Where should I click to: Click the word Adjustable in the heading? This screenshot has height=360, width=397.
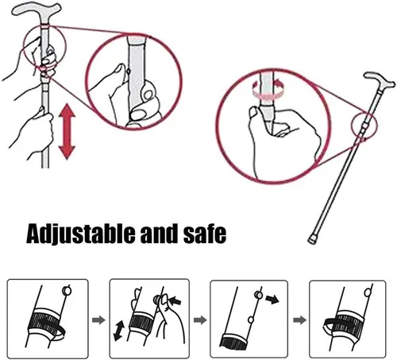[x=81, y=234]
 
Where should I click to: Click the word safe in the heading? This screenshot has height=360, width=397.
[x=205, y=234]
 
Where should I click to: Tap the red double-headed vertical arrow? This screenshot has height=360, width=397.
[x=67, y=131]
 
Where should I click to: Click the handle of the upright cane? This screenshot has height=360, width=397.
[x=37, y=10]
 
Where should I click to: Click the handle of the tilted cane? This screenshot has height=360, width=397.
[x=380, y=79]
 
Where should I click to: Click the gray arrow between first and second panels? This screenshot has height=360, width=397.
[x=98, y=320]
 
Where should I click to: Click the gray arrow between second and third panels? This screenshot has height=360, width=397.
[x=200, y=319]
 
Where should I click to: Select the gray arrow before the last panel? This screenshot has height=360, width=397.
[x=299, y=319]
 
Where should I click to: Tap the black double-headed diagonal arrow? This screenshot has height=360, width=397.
[x=119, y=331]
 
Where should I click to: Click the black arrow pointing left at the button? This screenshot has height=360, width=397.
[x=175, y=300]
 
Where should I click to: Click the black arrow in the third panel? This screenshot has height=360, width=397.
[x=272, y=300]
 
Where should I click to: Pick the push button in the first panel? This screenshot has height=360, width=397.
[x=67, y=291]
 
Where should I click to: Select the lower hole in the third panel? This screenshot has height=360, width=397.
[x=250, y=319]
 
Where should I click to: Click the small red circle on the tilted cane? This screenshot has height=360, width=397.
[x=364, y=125]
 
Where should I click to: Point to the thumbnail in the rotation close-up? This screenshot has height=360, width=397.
[x=253, y=111]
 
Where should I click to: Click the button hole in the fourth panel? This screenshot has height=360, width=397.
[x=368, y=292]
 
